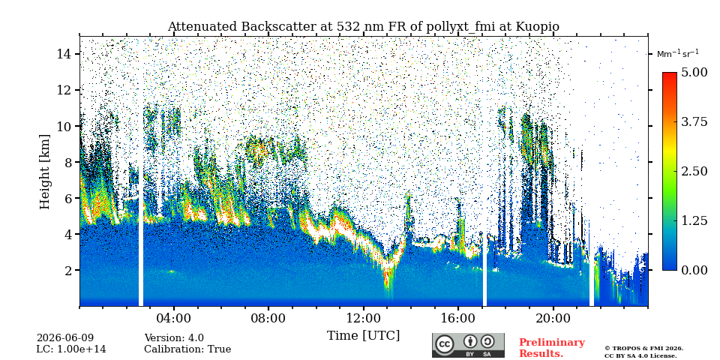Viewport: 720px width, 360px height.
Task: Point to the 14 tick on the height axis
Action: coord(64,54)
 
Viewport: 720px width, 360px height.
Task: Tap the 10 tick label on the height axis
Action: coord(64,126)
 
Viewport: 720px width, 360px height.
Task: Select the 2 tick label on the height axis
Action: coord(68,270)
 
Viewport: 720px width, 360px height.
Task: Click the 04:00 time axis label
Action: coord(174,318)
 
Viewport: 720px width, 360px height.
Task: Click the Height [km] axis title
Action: coord(44,172)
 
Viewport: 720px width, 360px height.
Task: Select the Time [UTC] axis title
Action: coord(363,336)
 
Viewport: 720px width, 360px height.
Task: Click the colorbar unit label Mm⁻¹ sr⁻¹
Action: coord(678,53)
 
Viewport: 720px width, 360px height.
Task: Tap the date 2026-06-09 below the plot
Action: coord(65,338)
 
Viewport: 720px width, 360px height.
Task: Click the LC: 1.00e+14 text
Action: coord(71,349)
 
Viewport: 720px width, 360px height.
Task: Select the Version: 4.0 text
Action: coord(174,338)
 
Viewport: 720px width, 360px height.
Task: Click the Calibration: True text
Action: coord(187,349)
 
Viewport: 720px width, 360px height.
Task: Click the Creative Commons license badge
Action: coord(468,345)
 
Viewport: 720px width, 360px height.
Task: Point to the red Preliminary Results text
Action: coord(552,348)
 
